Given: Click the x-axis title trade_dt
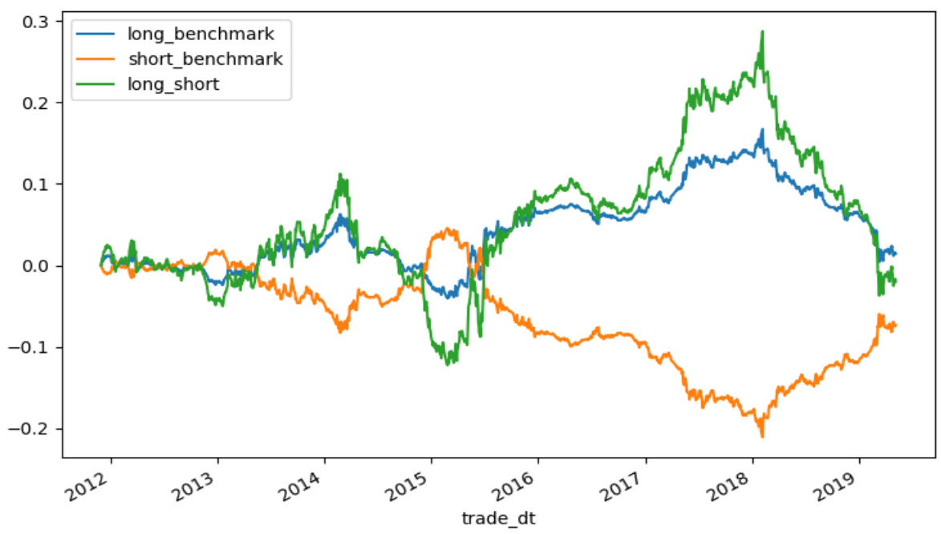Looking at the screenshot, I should tap(497, 519).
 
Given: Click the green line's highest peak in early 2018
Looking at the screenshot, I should tap(761, 32).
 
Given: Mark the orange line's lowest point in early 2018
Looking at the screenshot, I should tap(761, 436).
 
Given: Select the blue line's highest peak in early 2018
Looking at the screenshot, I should tap(761, 129).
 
